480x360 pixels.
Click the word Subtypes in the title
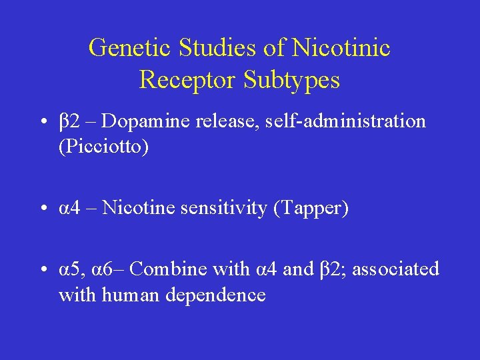coord(291,80)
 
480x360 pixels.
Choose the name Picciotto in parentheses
coord(103,146)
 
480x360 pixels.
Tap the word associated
coord(395,269)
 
